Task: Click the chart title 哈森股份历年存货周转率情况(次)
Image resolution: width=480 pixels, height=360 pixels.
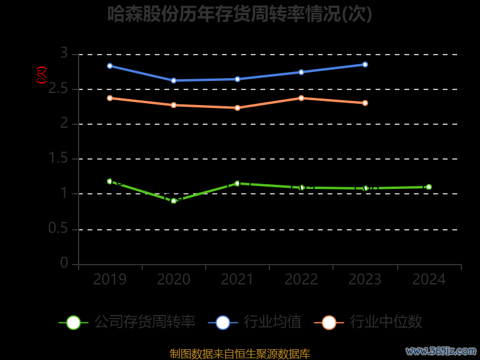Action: (x=240, y=14)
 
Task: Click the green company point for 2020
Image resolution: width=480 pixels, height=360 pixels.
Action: (x=173, y=201)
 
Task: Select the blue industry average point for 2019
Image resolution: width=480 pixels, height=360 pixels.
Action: (x=110, y=65)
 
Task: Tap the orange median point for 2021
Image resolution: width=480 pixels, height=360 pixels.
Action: (x=237, y=108)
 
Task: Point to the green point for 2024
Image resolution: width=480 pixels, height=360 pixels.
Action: (x=428, y=187)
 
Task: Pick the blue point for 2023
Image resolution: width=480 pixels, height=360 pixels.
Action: (x=365, y=64)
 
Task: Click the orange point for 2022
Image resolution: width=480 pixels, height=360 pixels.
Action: (x=301, y=98)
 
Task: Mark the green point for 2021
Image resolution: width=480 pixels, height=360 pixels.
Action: (x=237, y=183)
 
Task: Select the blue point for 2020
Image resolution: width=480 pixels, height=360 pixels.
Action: (x=173, y=80)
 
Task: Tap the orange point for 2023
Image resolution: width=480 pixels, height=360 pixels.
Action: (x=365, y=103)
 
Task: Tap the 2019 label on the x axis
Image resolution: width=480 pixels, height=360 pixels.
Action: (x=110, y=280)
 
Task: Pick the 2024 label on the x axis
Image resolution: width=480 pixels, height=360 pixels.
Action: (x=429, y=280)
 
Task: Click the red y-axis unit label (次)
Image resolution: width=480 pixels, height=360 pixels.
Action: (x=41, y=75)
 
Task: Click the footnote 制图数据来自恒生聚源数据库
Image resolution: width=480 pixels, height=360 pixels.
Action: (x=240, y=354)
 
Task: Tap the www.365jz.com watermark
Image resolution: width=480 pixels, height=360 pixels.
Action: (x=441, y=350)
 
